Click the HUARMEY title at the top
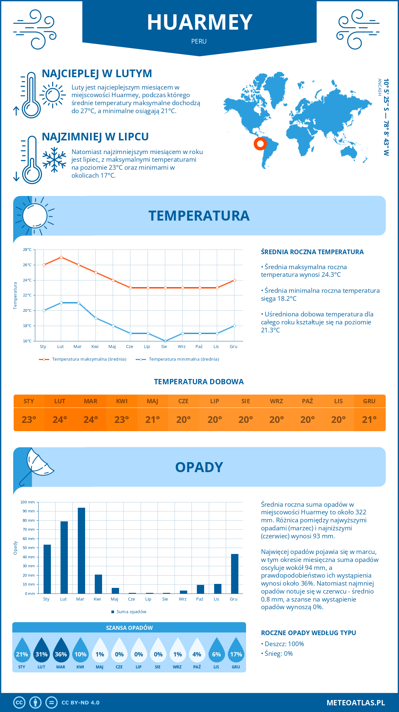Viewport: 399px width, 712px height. pyautogui.click(x=199, y=23)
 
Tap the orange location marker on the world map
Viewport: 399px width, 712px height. pyautogui.click(x=260, y=144)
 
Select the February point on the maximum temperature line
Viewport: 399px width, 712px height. pyautogui.click(x=61, y=257)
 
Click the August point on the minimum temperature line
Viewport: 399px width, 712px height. pyautogui.click(x=165, y=341)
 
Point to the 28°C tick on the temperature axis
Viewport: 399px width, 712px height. pyautogui.click(x=27, y=250)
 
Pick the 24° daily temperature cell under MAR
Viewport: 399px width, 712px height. pyautogui.click(x=91, y=420)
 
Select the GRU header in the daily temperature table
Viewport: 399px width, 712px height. pyautogui.click(x=369, y=401)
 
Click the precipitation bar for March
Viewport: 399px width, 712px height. pyautogui.click(x=81, y=551)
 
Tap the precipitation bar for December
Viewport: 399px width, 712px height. pyautogui.click(x=235, y=574)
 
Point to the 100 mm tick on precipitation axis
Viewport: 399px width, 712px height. pyautogui.click(x=28, y=502)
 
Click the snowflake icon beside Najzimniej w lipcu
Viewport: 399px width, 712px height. pyautogui.click(x=54, y=160)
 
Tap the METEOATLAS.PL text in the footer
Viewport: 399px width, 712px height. pyautogui.click(x=356, y=703)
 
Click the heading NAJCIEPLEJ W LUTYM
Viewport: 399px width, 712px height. pyautogui.click(x=97, y=74)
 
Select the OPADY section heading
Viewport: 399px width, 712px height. pyautogui.click(x=199, y=467)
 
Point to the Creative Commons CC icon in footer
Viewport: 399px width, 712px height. pyautogui.click(x=19, y=703)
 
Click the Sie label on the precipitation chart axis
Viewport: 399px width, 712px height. pyautogui.click(x=165, y=599)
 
